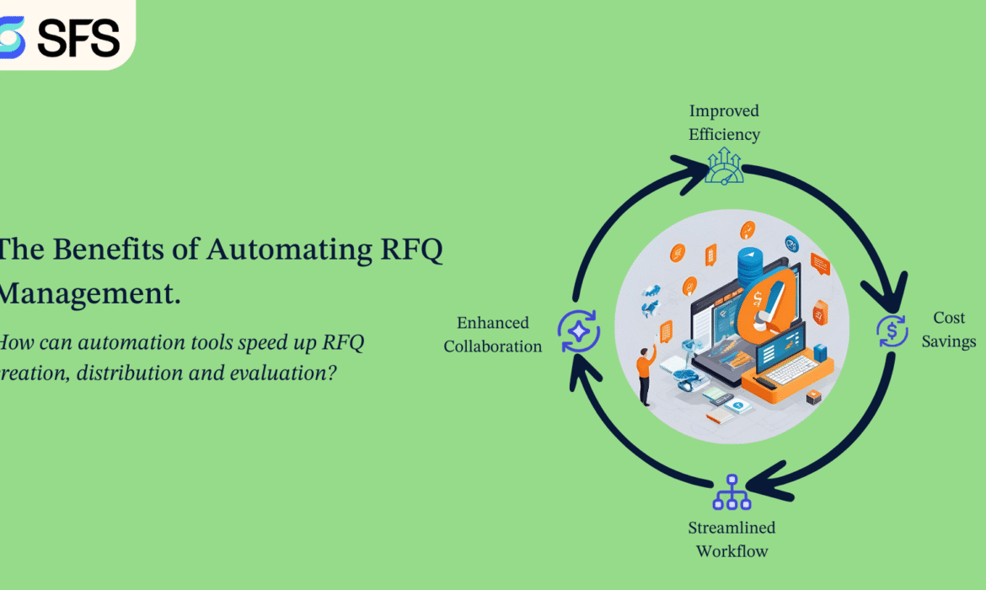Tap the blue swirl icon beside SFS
(12, 37)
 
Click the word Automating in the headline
(288, 250)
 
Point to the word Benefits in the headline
(127, 250)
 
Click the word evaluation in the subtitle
(283, 372)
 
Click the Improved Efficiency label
(724, 122)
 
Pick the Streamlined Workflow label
(731, 539)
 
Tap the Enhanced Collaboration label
(493, 334)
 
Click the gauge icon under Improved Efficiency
(724, 166)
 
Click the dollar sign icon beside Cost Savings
(892, 331)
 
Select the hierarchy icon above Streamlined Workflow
(731, 492)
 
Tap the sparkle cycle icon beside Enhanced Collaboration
(578, 331)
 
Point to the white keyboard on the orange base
(790, 368)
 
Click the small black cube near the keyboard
(812, 397)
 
